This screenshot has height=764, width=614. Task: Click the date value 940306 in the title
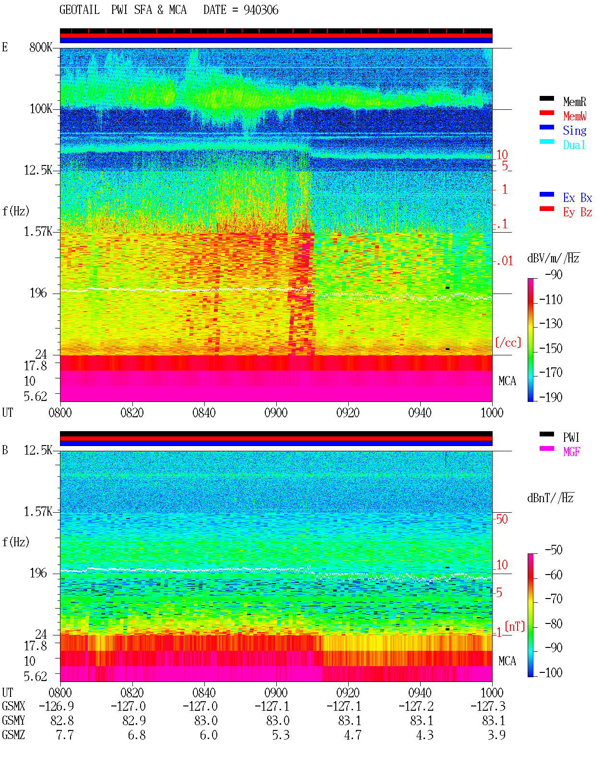pyautogui.click(x=261, y=10)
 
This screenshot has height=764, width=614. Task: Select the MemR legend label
pyautogui.click(x=575, y=102)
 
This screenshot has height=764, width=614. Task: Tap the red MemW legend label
pyautogui.click(x=575, y=116)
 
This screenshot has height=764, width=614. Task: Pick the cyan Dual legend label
pyautogui.click(x=574, y=145)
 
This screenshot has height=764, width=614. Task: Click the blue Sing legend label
pyautogui.click(x=575, y=130)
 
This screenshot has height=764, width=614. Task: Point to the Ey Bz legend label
pyautogui.click(x=578, y=212)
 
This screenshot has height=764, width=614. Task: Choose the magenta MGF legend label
pyautogui.click(x=571, y=452)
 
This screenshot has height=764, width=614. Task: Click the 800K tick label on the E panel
pyautogui.click(x=41, y=47)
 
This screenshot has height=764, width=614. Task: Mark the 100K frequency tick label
pyautogui.click(x=41, y=109)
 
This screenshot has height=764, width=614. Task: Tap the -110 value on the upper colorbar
pyautogui.click(x=551, y=300)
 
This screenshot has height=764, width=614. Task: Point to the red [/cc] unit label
pyautogui.click(x=508, y=342)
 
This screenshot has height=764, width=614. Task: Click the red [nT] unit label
pyautogui.click(x=515, y=626)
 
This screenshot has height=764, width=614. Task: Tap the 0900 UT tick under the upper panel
pyautogui.click(x=276, y=413)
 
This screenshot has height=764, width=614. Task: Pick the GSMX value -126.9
pyautogui.click(x=57, y=706)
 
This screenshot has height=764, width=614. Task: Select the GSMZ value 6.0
pyautogui.click(x=209, y=735)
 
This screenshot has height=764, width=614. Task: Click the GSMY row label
pyautogui.click(x=13, y=721)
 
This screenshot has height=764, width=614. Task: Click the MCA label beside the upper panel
pyautogui.click(x=507, y=381)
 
